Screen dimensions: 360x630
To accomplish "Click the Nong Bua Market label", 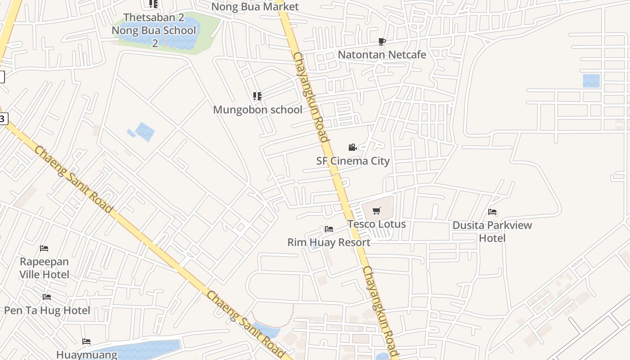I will [x=255, y=7].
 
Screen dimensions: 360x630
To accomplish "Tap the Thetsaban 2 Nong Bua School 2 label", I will [x=154, y=30].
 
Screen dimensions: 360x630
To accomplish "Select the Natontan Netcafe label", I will [x=382, y=54].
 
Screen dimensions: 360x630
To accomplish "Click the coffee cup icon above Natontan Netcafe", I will [x=382, y=42].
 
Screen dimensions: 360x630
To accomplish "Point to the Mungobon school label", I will [x=257, y=109].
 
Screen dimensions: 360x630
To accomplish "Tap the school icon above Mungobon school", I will [x=257, y=96].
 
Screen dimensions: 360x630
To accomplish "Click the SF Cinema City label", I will [x=353, y=161].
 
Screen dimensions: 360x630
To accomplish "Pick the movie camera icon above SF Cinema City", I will [x=352, y=147].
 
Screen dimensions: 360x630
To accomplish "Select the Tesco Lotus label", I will [x=376, y=224].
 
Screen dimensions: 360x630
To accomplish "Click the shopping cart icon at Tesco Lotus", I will [x=377, y=211].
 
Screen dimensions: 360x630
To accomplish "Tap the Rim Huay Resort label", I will [x=329, y=242].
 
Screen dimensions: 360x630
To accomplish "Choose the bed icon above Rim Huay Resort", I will [x=329, y=229].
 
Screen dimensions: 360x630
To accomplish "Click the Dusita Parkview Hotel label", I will [x=492, y=231].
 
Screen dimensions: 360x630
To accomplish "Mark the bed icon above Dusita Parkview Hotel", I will [x=492, y=211].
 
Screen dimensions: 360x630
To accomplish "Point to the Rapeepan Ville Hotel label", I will [x=44, y=268].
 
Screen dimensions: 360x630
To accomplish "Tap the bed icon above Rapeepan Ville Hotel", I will [x=44, y=248].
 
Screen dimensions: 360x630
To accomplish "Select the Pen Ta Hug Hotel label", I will [x=47, y=310].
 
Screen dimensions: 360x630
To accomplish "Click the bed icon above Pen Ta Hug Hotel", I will [x=46, y=297].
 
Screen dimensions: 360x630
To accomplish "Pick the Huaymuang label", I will [x=86, y=355].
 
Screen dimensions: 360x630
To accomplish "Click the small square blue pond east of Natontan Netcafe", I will [x=591, y=81].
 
